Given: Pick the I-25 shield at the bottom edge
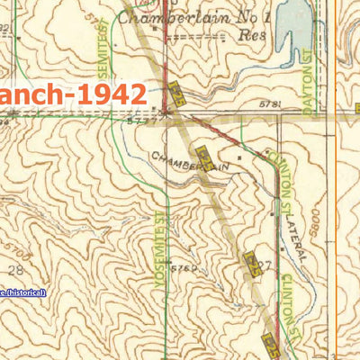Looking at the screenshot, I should pyautogui.click(x=272, y=346).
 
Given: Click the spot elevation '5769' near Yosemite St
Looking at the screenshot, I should pyautogui.click(x=184, y=269).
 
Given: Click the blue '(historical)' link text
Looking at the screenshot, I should pyautogui.click(x=22, y=292).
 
